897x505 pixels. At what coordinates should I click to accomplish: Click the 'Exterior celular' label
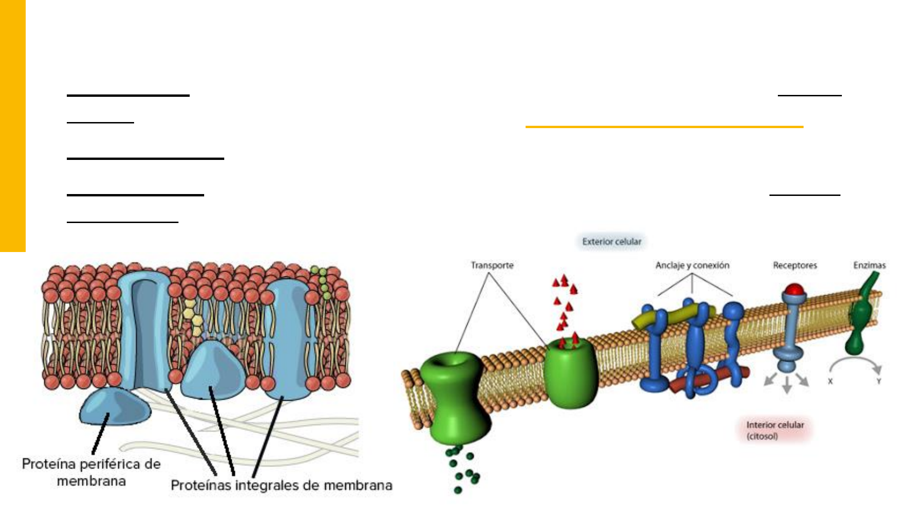(612, 242)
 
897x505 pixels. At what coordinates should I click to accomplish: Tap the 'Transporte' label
(492, 266)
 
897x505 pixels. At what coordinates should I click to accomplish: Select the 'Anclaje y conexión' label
(692, 266)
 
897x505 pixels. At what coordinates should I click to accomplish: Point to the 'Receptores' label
(795, 266)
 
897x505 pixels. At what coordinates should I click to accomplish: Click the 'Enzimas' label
(869, 266)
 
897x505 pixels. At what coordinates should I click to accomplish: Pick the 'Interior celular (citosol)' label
(775, 430)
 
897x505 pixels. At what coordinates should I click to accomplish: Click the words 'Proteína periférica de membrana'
(92, 472)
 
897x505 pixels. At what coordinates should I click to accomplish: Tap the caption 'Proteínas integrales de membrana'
(281, 485)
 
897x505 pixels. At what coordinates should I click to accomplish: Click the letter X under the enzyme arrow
(830, 382)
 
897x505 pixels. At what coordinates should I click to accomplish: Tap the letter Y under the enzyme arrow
(878, 382)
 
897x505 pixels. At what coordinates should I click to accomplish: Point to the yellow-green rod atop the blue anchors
(673, 316)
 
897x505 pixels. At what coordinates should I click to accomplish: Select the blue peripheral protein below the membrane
(114, 407)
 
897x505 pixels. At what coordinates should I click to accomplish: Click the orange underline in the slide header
(664, 127)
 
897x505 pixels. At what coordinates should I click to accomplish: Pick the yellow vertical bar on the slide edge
(13, 126)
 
